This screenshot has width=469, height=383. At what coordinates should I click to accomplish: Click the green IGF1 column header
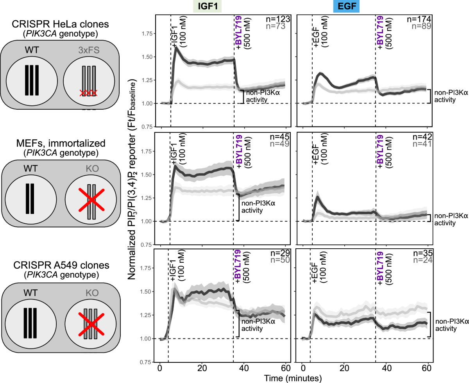(207, 7)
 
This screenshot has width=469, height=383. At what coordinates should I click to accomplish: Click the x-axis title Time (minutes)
(293, 378)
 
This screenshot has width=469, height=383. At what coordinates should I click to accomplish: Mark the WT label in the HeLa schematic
(32, 51)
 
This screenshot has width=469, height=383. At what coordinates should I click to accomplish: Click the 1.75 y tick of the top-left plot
(146, 34)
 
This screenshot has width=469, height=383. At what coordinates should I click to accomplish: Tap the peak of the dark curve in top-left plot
(176, 48)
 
